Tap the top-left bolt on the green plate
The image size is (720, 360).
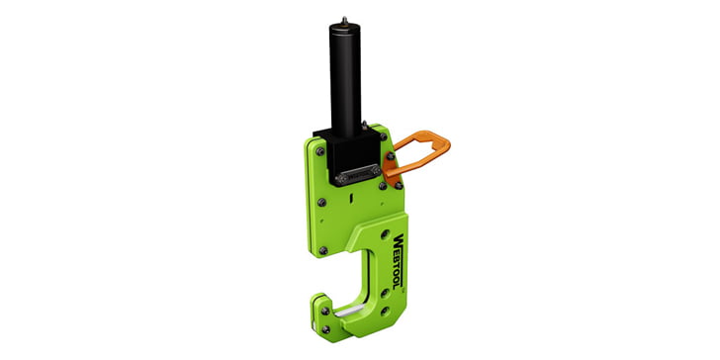(319, 149)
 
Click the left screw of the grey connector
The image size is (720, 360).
(340, 178)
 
